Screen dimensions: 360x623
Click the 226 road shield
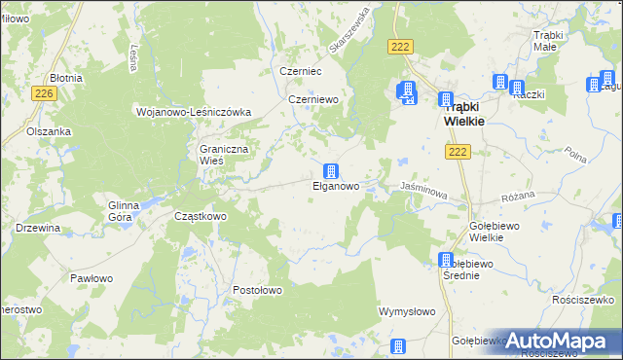pos(42,93)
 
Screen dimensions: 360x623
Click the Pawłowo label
pos(91,278)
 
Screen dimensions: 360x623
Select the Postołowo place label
pos(257,290)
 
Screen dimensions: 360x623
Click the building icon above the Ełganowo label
pos(332,170)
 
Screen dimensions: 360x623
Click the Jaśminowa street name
pos(423,191)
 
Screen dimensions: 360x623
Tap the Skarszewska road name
pos(349,30)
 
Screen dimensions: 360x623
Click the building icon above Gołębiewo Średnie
pos(446,260)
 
